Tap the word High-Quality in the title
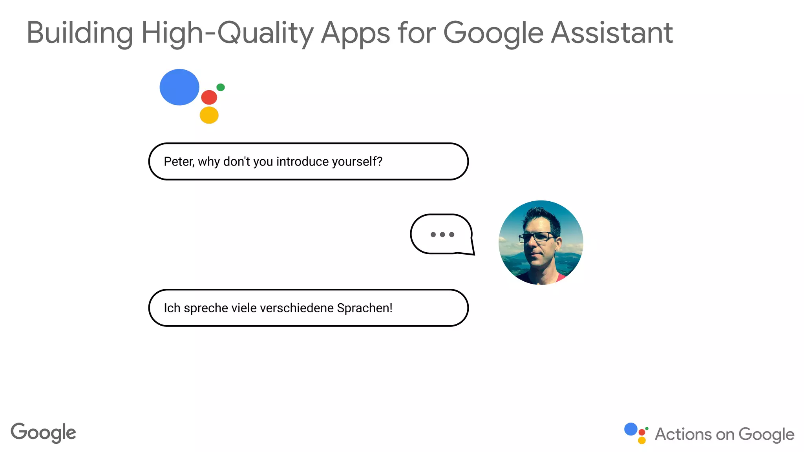click(227, 33)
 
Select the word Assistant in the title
click(612, 33)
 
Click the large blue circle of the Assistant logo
click(179, 87)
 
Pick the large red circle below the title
click(209, 97)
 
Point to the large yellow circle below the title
click(209, 115)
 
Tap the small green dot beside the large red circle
click(221, 87)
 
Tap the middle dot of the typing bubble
click(442, 235)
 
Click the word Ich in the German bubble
click(172, 308)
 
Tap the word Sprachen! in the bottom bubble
click(365, 308)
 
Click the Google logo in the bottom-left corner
click(43, 433)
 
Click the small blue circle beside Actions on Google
click(631, 429)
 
